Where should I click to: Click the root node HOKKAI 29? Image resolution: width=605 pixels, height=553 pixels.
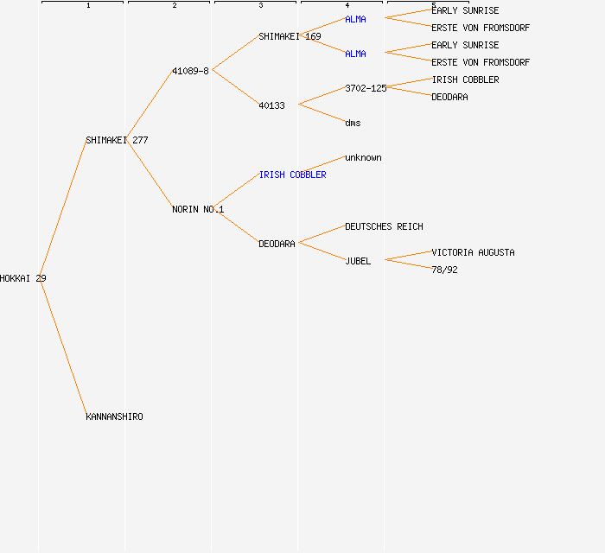[x=22, y=278]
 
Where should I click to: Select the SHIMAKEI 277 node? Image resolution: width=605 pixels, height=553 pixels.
[x=117, y=140]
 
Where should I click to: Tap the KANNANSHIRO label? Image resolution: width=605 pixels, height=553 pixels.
[x=114, y=416]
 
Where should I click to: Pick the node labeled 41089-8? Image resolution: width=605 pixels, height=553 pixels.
[x=190, y=71]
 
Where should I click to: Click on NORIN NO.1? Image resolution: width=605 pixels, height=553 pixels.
[x=198, y=209]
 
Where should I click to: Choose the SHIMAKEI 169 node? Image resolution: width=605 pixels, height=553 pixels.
[x=290, y=36]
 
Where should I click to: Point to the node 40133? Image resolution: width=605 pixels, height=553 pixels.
[x=271, y=105]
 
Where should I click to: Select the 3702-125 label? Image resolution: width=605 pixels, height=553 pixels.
[x=366, y=88]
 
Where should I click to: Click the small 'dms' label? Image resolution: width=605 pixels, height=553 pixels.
[x=353, y=123]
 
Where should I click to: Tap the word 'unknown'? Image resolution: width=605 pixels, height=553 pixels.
[x=363, y=157]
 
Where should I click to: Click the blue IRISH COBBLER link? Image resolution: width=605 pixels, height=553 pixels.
[x=292, y=175]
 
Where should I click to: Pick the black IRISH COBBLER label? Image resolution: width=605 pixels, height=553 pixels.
[x=465, y=79]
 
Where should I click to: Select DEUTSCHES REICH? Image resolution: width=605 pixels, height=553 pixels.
[x=384, y=226]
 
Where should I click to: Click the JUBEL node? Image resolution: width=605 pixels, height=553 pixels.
[x=358, y=261]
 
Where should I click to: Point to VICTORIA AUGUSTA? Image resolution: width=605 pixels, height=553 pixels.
[x=473, y=252]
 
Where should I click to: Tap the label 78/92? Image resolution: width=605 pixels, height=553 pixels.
[x=444, y=270]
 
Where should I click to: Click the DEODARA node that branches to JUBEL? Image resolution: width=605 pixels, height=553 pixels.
[x=277, y=244]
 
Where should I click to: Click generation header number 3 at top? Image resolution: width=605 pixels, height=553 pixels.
[x=260, y=5]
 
